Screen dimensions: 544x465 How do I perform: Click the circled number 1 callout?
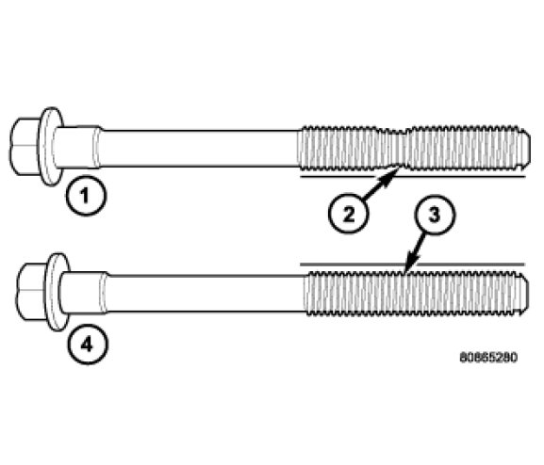[86, 196]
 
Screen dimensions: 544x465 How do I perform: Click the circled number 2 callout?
[348, 214]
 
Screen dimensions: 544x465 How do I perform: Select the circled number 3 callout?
[435, 215]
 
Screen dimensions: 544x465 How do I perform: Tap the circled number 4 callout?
[88, 345]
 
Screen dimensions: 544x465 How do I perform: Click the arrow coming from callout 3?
[415, 252]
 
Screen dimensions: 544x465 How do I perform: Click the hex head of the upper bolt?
[25, 147]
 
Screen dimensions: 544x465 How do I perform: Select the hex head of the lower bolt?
[32, 292]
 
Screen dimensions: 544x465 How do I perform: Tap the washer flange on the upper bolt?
[51, 146]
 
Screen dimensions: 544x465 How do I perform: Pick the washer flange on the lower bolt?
[58, 292]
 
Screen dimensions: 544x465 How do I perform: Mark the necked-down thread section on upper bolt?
[396, 149]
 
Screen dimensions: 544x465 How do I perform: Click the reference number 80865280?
[488, 358]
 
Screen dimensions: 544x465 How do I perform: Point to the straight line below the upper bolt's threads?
[412, 177]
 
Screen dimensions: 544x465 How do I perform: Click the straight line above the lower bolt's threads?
[412, 265]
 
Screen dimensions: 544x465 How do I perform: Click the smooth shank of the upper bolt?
[200, 149]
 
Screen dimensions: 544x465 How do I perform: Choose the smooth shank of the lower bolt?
[206, 294]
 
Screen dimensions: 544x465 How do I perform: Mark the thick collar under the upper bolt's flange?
[76, 147]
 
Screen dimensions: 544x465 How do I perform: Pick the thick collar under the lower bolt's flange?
[83, 293]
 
